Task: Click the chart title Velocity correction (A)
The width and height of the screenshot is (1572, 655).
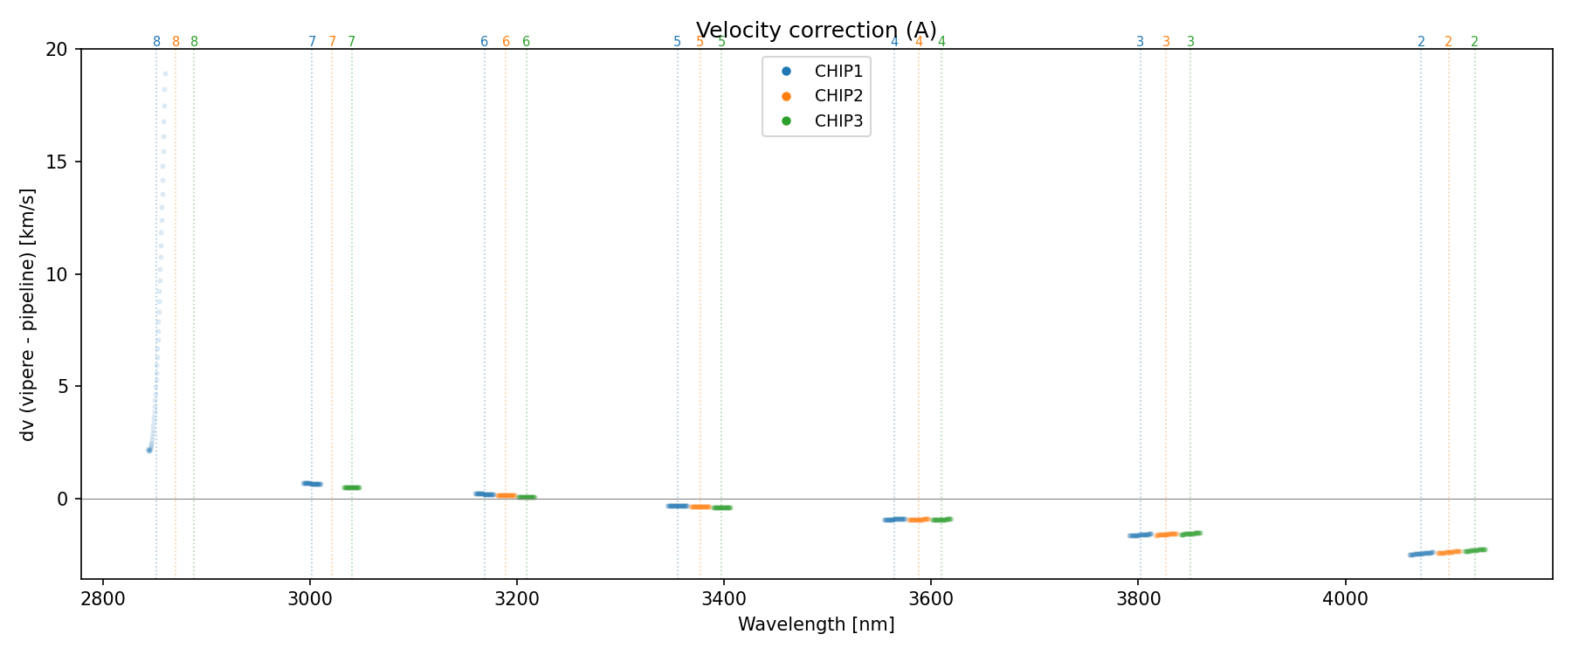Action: [816, 31]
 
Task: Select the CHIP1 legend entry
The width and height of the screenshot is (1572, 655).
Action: [838, 72]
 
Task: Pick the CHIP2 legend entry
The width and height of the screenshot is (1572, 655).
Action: [838, 96]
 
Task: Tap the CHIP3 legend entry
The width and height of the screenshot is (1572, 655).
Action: [838, 121]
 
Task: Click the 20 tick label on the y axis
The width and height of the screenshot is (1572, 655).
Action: [57, 50]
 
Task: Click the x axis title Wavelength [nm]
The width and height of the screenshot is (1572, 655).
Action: [816, 624]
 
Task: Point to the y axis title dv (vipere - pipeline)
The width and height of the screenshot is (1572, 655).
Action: [28, 314]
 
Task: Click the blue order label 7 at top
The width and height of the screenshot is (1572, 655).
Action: [312, 42]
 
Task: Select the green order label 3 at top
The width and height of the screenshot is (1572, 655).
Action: [1190, 42]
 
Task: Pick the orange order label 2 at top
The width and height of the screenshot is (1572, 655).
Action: [1448, 42]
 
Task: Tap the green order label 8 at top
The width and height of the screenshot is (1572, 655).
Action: [194, 42]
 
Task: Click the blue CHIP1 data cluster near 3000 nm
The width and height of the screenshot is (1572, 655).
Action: [312, 483]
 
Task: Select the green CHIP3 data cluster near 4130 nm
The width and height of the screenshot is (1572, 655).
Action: [1475, 550]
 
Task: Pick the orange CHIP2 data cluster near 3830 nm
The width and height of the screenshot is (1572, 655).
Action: [1167, 534]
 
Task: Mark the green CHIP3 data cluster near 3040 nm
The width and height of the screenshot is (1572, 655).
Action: [351, 487]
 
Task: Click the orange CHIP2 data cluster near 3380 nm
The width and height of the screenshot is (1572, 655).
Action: [700, 507]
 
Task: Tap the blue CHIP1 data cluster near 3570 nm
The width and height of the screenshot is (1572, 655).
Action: [894, 520]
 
